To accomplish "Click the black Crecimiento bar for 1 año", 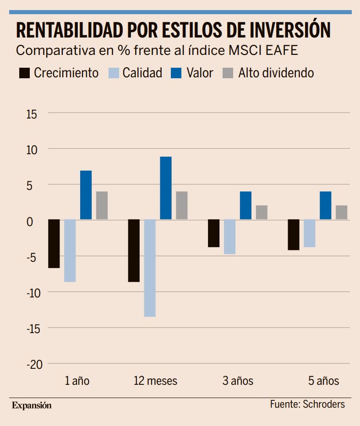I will click(54, 243).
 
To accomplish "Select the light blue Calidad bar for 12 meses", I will click(150, 268).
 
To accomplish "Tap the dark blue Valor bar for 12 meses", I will click(166, 188).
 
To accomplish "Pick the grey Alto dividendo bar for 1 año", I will click(102, 205).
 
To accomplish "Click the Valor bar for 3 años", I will click(245, 205).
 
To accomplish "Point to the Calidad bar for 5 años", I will click(310, 233).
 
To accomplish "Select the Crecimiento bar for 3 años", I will click(214, 233).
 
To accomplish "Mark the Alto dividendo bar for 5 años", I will click(341, 212).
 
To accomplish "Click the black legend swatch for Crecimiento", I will click(24, 73).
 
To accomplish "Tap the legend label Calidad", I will click(142, 73).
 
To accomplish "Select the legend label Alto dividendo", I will click(276, 73).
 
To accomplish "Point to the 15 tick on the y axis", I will click(31, 113).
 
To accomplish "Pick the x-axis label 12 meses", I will click(155, 381).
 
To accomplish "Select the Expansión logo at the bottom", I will click(32, 405).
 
